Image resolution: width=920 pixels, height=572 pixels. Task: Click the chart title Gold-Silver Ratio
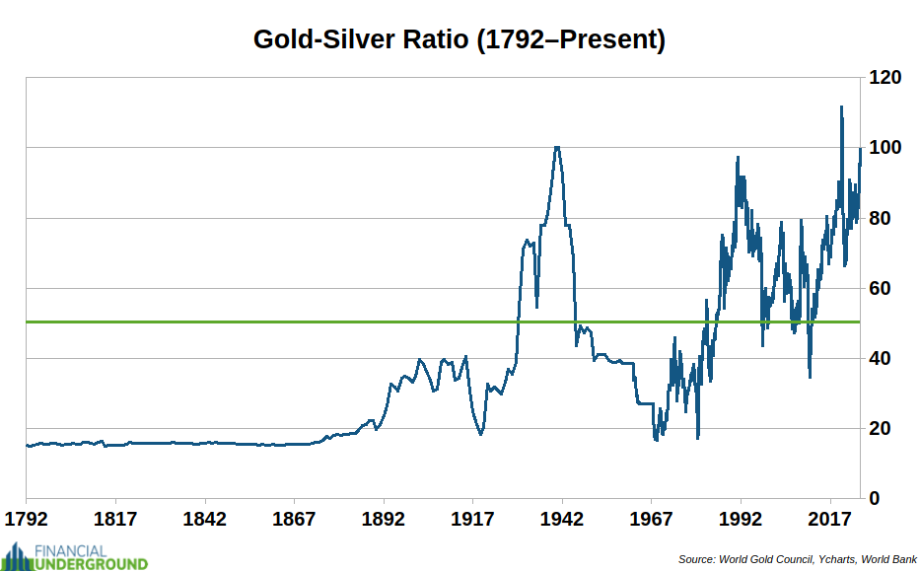click(459, 39)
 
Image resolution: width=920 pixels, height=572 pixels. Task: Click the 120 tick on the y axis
click(884, 77)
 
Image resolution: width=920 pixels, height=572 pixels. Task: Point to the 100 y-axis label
click(884, 148)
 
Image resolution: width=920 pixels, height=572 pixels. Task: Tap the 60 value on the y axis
click(879, 288)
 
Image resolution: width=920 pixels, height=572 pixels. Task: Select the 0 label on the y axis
click(874, 499)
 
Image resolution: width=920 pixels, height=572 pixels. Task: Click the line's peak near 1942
click(557, 147)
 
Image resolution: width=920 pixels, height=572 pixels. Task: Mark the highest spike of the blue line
click(841, 107)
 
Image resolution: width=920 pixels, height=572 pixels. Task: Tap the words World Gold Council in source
click(760, 559)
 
